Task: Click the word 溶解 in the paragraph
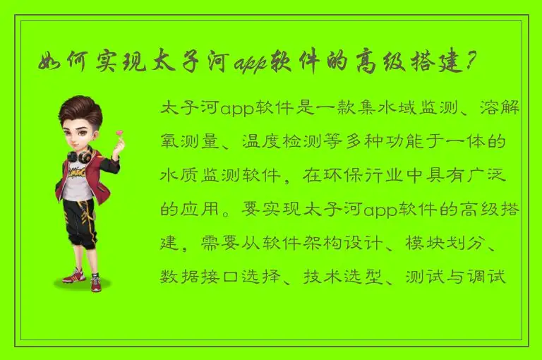[502, 109]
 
